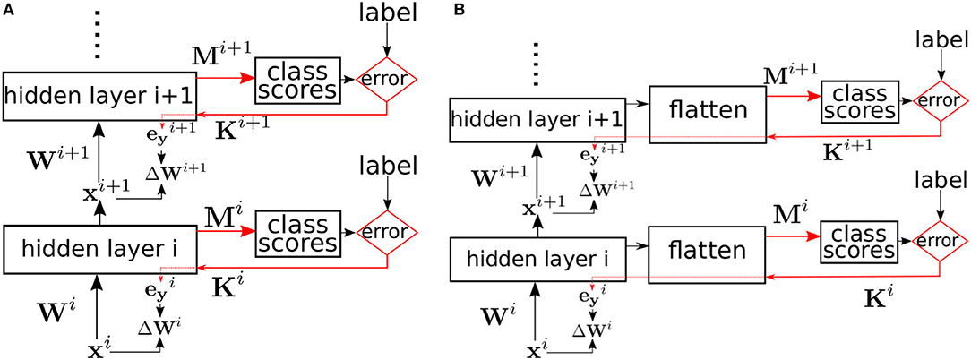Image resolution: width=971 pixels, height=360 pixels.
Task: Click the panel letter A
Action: [x=7, y=9]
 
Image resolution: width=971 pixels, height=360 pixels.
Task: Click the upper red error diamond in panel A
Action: [x=386, y=79]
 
